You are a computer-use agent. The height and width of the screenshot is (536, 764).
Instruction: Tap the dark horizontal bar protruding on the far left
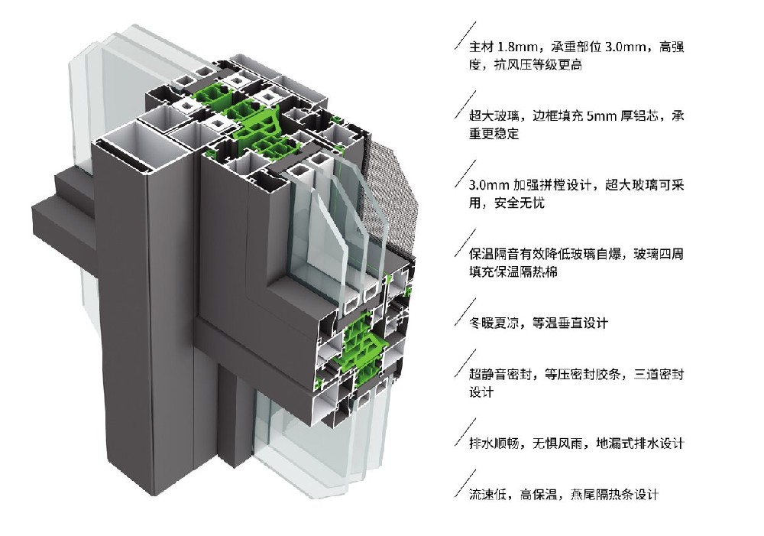[x=61, y=222]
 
